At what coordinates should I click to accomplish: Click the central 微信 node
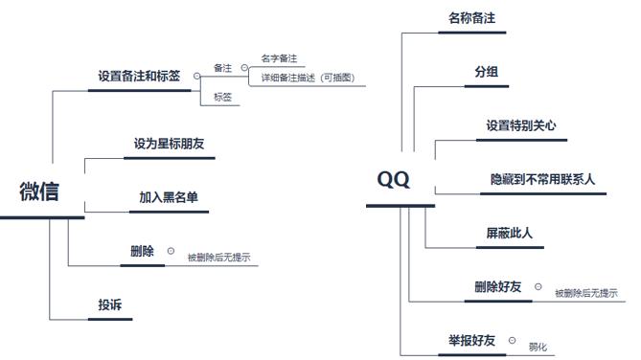[x=39, y=191]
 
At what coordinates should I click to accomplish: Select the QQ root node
[x=393, y=179]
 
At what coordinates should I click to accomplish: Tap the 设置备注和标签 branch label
[x=139, y=75]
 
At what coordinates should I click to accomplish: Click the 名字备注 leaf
[x=279, y=59]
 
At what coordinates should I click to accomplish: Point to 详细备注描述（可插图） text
[x=308, y=78]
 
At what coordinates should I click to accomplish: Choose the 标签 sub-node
[x=222, y=97]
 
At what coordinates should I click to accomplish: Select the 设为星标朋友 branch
[x=169, y=144]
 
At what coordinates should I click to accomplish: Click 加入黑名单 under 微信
[x=169, y=197]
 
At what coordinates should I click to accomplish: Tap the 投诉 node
[x=110, y=304]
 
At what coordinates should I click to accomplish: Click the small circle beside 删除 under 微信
[x=171, y=251]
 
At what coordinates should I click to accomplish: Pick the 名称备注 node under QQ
[x=471, y=17]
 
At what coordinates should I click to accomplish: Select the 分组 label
[x=486, y=72]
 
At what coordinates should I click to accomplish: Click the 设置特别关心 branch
[x=520, y=124]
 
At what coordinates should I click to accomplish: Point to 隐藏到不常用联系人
[x=542, y=179]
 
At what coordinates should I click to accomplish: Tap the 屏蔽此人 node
[x=510, y=233]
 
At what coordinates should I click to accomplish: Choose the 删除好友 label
[x=497, y=286]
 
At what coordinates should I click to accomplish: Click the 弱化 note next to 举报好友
[x=538, y=346]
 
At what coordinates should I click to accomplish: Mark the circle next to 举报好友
[x=513, y=340]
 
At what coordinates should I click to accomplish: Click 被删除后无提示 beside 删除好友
[x=585, y=293]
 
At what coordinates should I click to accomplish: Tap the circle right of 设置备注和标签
[x=197, y=75]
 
